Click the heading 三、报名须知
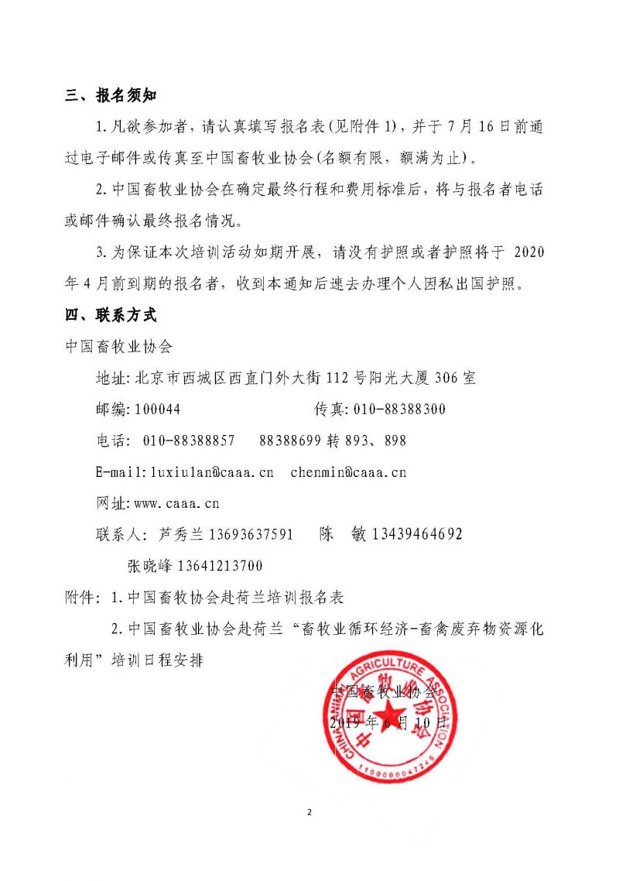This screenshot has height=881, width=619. [111, 96]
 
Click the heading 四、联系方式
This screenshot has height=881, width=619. [111, 316]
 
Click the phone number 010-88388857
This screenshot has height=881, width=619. [190, 440]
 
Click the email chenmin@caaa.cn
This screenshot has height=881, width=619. [348, 471]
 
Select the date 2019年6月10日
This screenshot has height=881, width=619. [388, 724]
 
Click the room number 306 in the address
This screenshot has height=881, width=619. [447, 379]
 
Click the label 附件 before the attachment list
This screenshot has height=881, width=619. [81, 598]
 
